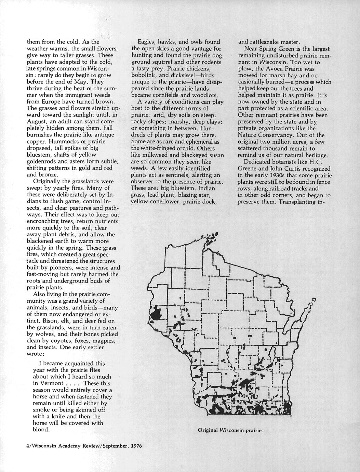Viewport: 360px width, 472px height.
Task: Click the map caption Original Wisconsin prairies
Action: click(231, 430)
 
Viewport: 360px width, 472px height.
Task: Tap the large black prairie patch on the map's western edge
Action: click(158, 313)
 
